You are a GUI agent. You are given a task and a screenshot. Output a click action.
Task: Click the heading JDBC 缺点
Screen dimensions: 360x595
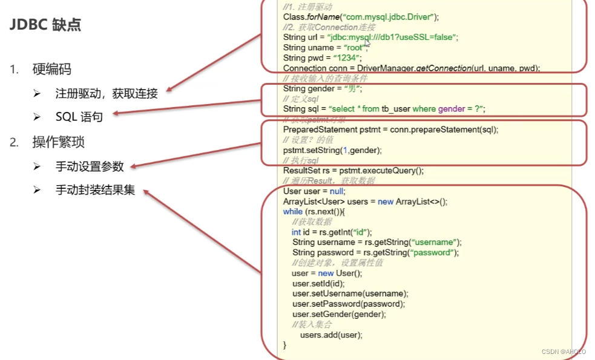(46, 25)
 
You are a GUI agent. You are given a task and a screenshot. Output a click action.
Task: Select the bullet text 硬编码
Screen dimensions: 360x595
(51, 70)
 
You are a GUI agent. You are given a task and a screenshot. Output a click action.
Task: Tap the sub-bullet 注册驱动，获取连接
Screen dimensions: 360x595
(107, 93)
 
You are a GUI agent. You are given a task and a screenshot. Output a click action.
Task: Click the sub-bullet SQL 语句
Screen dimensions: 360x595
(79, 117)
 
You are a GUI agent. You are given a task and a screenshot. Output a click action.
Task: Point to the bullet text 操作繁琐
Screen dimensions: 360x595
(58, 143)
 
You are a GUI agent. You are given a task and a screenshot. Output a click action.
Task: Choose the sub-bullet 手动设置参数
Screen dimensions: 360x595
(90, 166)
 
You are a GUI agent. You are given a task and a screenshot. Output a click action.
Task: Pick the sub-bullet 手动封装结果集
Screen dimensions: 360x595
(95, 191)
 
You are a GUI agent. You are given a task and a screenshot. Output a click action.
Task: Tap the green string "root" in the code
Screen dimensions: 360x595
(353, 48)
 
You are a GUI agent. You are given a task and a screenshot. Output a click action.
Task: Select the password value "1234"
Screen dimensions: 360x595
(347, 58)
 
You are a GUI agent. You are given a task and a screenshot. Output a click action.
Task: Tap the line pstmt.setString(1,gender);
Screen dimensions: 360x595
(332, 150)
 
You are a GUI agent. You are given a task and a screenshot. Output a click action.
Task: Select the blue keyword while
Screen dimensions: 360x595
(293, 212)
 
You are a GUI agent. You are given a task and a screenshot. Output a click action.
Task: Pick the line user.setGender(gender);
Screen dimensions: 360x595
(339, 314)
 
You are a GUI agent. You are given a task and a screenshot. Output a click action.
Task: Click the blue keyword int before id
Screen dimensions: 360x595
(296, 232)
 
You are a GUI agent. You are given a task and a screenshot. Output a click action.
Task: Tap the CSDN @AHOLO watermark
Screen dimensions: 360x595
(564, 351)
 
